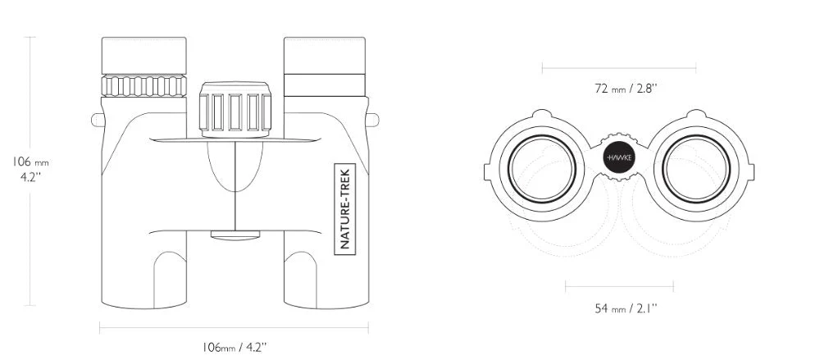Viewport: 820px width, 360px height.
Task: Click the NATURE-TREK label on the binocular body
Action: pos(344,209)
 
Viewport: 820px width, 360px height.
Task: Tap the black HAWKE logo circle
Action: pos(618,157)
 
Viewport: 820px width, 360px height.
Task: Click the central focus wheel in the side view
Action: pos(235,109)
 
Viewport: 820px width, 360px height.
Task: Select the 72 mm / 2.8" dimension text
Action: pos(626,88)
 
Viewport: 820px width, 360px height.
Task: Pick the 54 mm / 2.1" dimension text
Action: pos(626,308)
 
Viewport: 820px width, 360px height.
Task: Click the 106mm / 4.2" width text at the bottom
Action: pos(235,346)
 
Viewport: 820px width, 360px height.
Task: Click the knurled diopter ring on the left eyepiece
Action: pos(143,86)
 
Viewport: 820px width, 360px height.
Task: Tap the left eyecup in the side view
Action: pos(143,56)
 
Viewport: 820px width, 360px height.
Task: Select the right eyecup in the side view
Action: pos(324,55)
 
